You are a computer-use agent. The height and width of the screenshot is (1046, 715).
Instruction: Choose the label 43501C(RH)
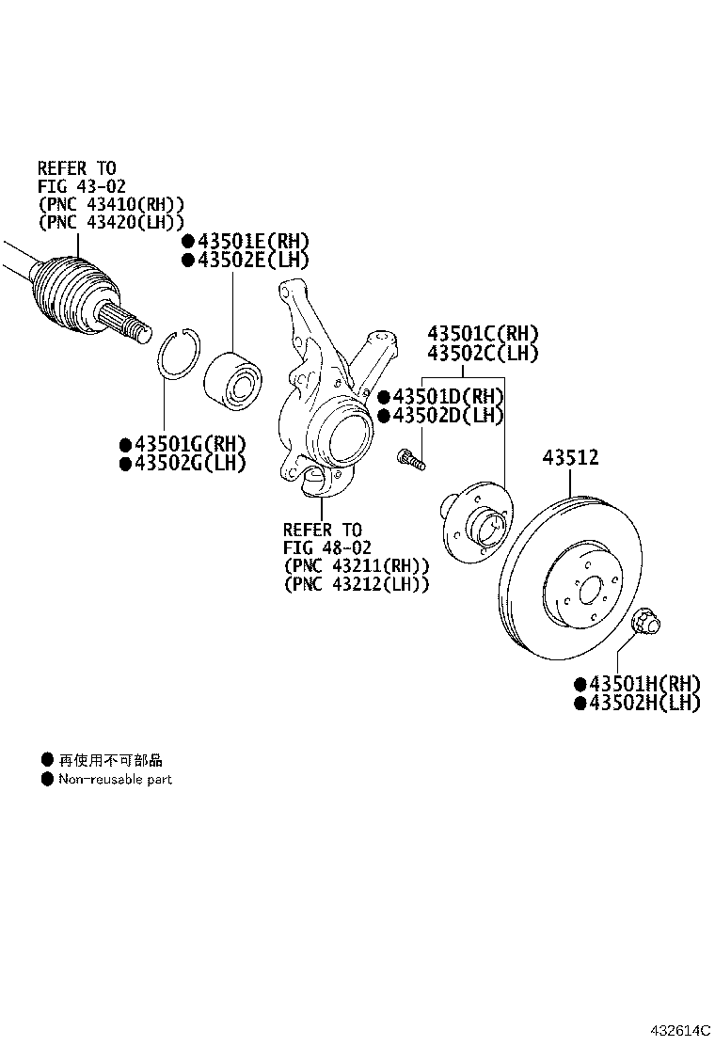click(x=484, y=333)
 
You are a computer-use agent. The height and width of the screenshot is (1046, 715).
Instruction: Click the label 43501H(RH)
click(x=643, y=684)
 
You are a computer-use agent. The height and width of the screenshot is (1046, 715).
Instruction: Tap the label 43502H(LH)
click(x=643, y=704)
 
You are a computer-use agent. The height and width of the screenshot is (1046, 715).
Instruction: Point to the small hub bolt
click(x=411, y=459)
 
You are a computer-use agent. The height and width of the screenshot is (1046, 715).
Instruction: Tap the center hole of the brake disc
click(x=590, y=591)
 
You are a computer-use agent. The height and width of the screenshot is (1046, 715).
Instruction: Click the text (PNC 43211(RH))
click(x=356, y=565)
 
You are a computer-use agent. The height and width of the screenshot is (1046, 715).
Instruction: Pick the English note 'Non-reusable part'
click(x=115, y=780)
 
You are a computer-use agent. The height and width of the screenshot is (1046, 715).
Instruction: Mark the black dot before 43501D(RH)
click(x=383, y=396)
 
